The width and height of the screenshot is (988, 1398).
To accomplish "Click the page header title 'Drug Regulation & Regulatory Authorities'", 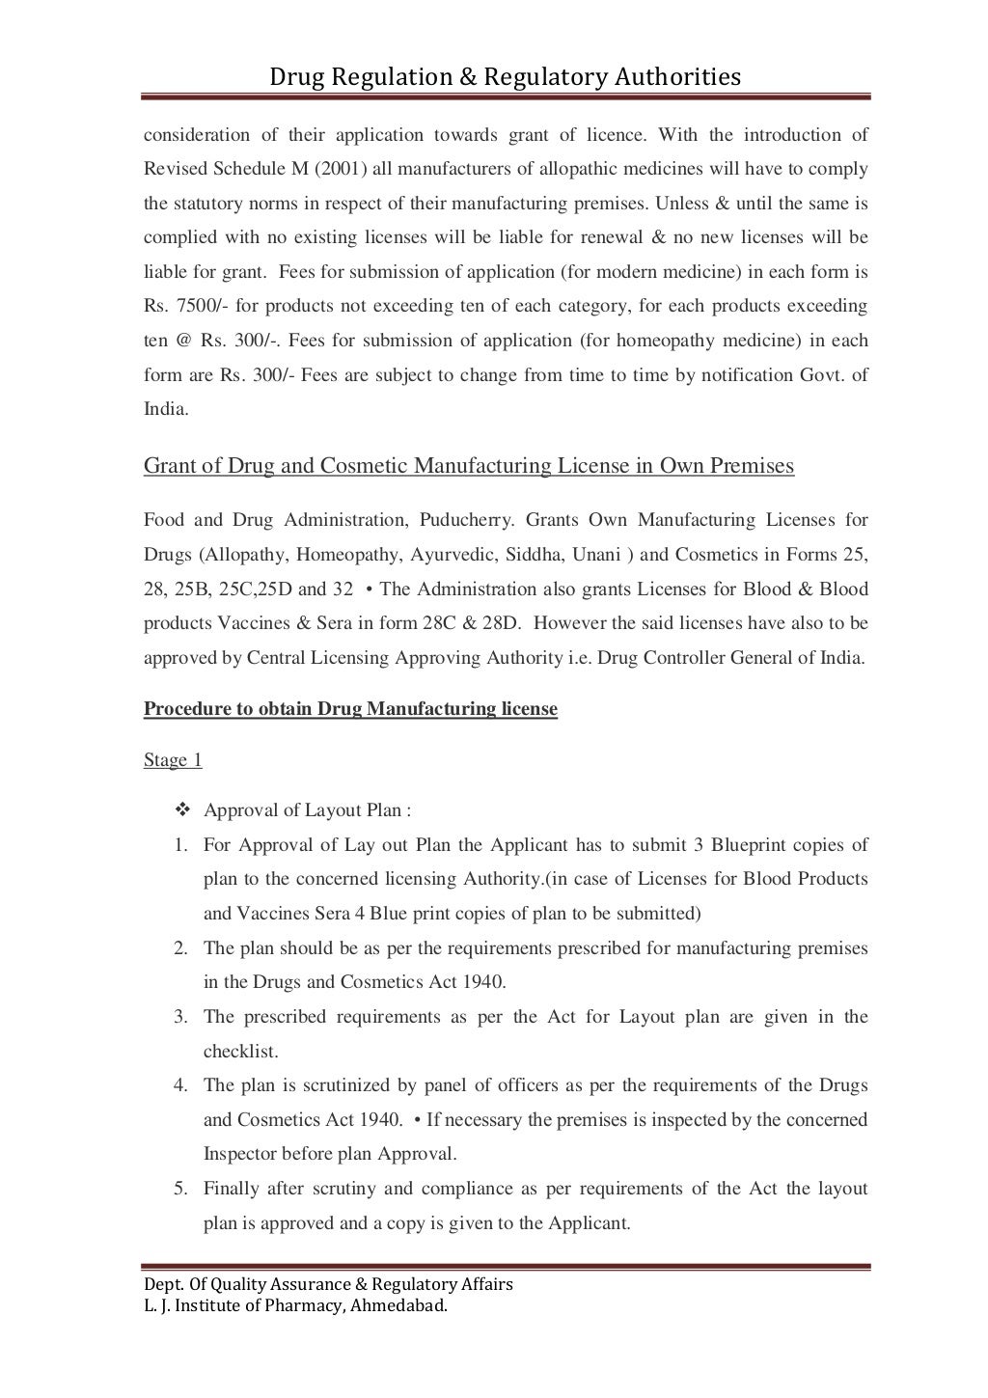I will coord(505,75).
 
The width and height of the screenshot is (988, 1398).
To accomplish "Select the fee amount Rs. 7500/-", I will coord(185,306).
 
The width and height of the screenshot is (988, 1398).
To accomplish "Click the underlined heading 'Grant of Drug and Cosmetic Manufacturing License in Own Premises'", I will coord(468,466).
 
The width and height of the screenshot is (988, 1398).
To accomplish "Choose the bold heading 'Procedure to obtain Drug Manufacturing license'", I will coord(350,709).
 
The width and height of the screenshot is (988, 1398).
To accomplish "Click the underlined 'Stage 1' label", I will coord(173,760).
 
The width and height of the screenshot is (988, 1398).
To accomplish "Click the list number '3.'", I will coord(180,1017).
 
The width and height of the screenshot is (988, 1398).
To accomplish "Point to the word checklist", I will coord(240,1051).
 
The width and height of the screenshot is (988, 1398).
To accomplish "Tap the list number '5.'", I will coord(180,1189).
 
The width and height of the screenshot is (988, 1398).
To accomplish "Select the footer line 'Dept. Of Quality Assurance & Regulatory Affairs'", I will coord(328,1284).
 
